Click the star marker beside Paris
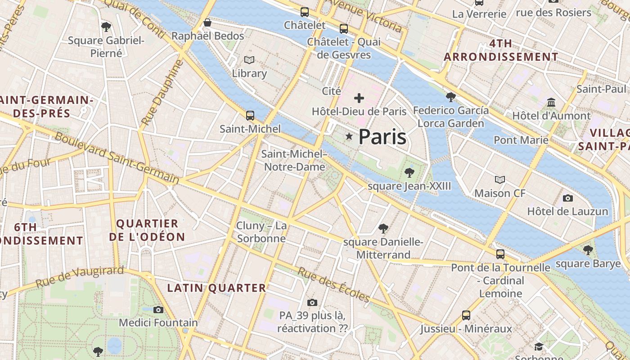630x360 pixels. point(349,136)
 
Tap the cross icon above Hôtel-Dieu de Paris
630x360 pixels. point(359,98)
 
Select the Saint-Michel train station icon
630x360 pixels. point(250,116)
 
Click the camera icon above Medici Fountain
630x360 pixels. point(158,310)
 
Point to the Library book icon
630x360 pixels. point(249,60)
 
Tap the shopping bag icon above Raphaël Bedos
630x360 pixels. point(207,22)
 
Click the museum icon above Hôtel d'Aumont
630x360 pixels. point(551,103)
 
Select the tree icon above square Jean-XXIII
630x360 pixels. point(409,172)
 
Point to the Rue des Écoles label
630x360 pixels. point(333,285)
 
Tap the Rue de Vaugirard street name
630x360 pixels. point(79,276)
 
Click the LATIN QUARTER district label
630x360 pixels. point(216,288)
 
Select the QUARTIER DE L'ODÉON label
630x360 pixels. point(147,230)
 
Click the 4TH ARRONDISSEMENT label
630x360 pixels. point(501,50)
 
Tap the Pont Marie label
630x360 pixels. point(521,140)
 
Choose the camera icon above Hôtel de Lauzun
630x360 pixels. point(568,198)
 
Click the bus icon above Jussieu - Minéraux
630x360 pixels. point(466,315)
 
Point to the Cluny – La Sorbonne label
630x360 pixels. point(261,232)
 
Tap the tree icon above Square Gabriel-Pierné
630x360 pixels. point(106,27)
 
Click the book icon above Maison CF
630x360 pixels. point(500,180)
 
